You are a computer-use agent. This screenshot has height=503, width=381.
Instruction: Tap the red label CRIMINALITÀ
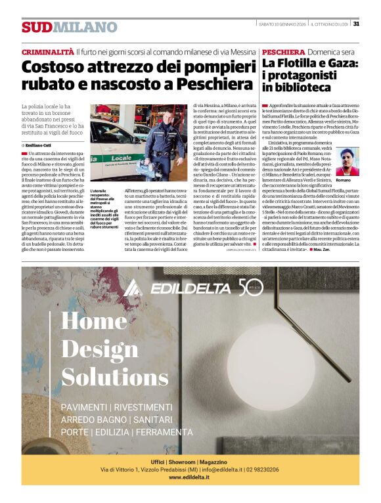[47, 51]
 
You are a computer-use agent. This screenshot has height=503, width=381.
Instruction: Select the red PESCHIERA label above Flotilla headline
[283, 51]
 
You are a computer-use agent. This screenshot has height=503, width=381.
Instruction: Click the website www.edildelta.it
[190, 477]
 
